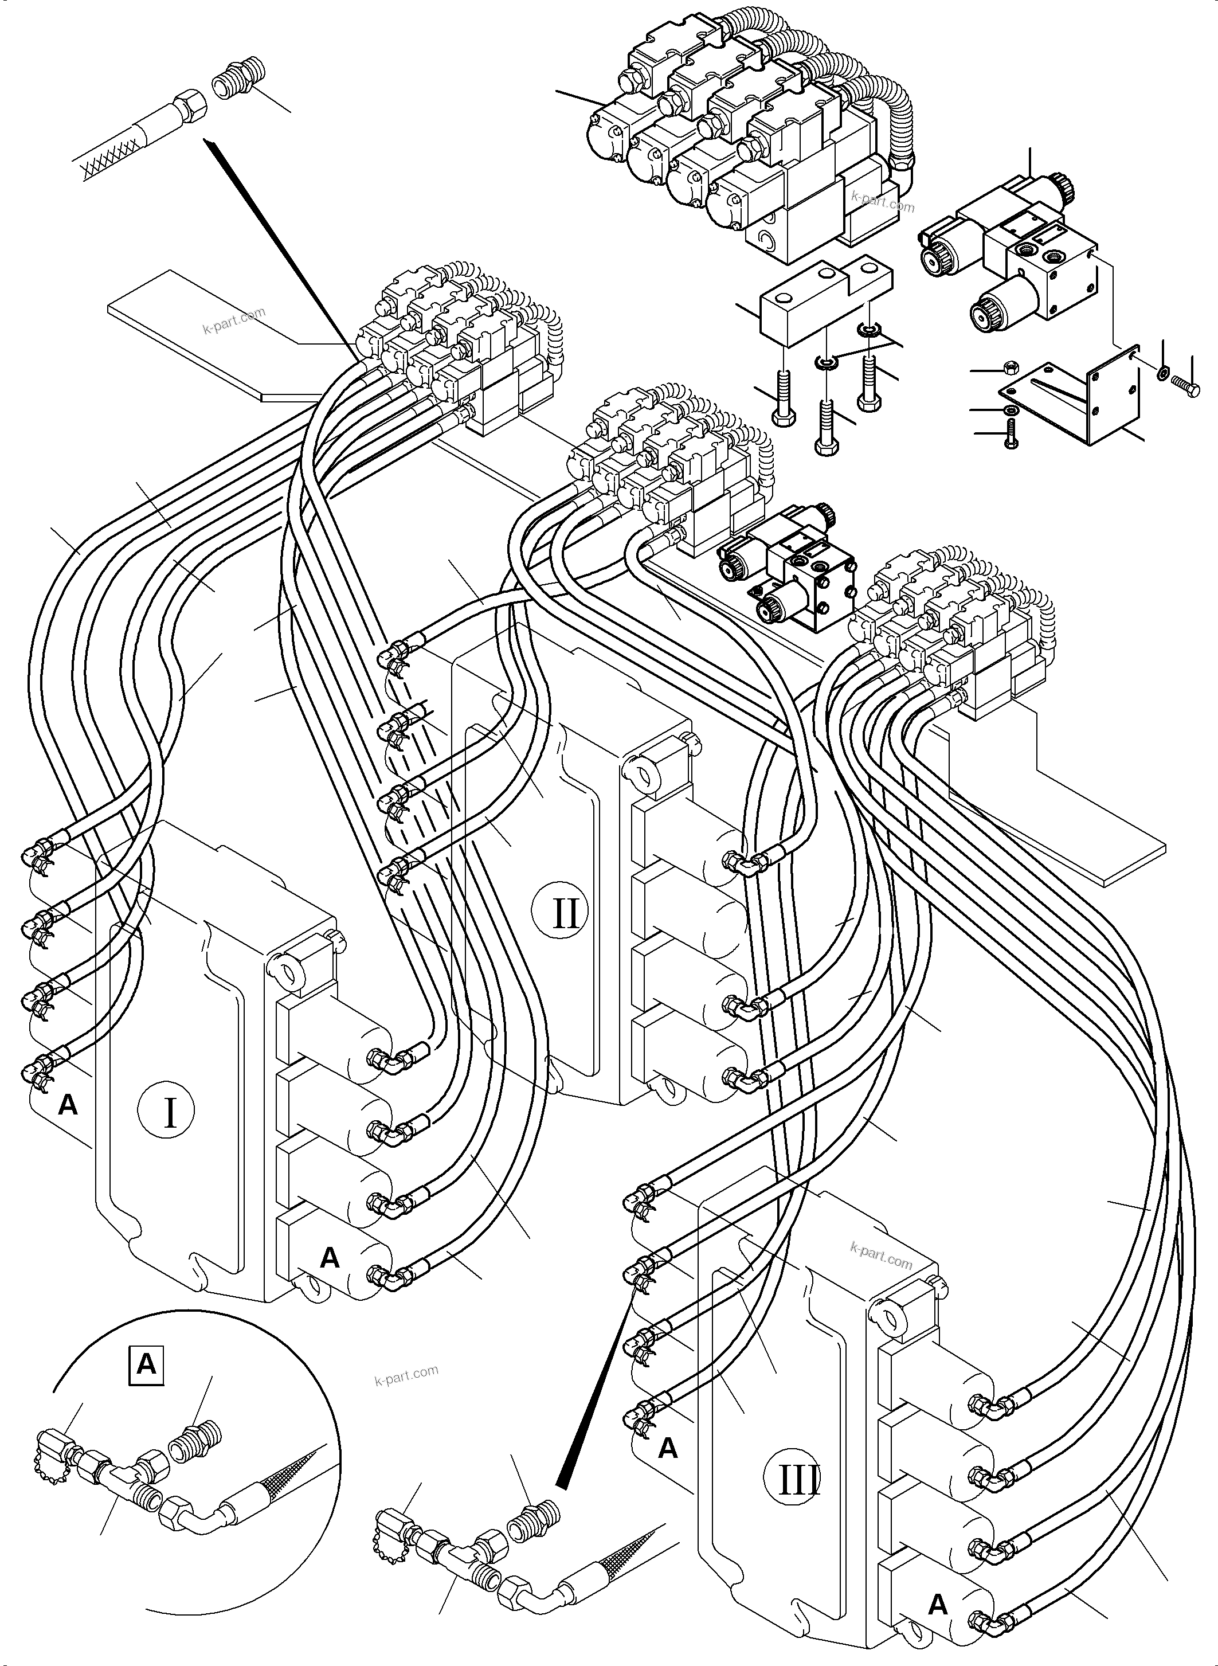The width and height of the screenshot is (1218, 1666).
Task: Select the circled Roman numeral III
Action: point(799,1479)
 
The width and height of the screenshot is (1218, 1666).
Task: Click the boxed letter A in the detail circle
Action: point(146,1365)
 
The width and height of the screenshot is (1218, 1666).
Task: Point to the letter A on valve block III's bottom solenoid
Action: point(937,1601)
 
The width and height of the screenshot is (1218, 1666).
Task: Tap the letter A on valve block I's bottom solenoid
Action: point(330,1257)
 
